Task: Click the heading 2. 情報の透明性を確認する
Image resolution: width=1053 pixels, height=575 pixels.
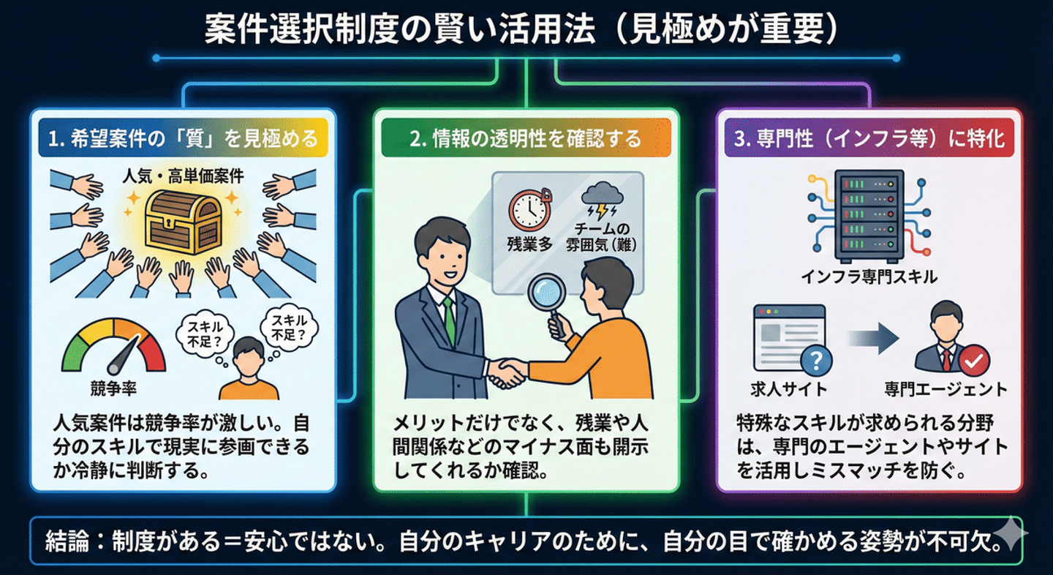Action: click(526, 138)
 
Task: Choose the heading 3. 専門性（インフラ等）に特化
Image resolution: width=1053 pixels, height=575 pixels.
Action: click(868, 138)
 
